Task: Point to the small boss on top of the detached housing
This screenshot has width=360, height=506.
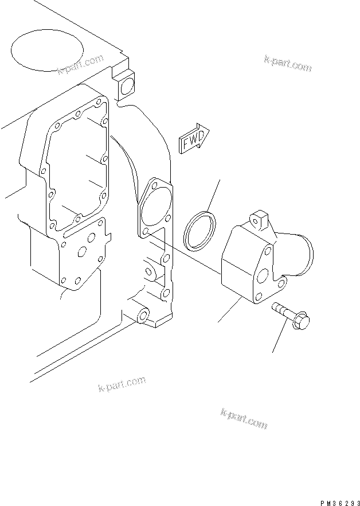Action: coord(259,219)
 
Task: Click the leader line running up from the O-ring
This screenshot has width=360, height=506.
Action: coord(213,195)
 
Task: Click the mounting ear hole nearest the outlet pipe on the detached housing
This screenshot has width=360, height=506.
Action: coord(282,282)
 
